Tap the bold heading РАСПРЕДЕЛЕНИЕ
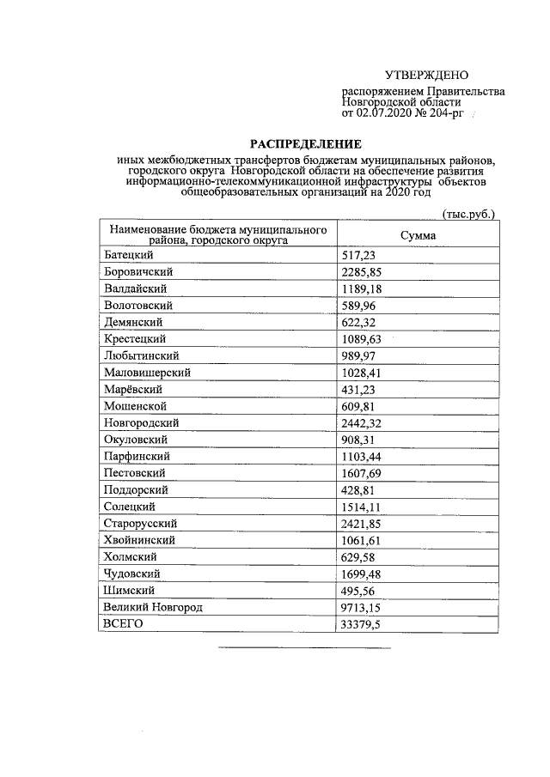coord(307,143)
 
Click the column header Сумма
coord(418,235)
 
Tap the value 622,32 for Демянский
coord(358,322)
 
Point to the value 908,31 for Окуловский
coord(358,440)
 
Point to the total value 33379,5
coord(362,624)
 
